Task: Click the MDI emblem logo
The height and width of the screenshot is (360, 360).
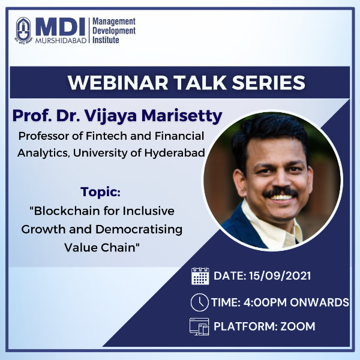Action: coord(23,30)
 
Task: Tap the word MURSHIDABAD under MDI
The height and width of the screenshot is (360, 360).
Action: coord(61,41)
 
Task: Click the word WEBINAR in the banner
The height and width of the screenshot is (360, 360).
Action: coord(118,83)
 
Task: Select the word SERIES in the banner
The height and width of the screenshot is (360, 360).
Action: coord(268,83)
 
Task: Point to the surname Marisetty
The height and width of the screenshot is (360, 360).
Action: coord(182,116)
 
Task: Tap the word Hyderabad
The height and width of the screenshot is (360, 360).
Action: coord(175,152)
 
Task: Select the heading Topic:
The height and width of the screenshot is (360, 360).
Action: coord(100,192)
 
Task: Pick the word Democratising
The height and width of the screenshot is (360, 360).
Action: coord(139,229)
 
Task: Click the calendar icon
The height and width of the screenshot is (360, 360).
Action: coord(200,276)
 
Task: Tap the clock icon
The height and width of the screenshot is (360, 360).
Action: coord(200,302)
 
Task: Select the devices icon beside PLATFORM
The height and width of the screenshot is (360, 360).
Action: coord(199,326)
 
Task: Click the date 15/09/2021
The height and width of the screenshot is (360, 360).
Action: coord(280,276)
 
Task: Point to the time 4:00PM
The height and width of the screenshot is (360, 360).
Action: coord(265,302)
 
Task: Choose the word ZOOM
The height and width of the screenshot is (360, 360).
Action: coord(298,326)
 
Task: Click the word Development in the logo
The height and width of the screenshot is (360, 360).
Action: coord(114,31)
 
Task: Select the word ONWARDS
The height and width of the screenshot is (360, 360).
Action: coord(319,302)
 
